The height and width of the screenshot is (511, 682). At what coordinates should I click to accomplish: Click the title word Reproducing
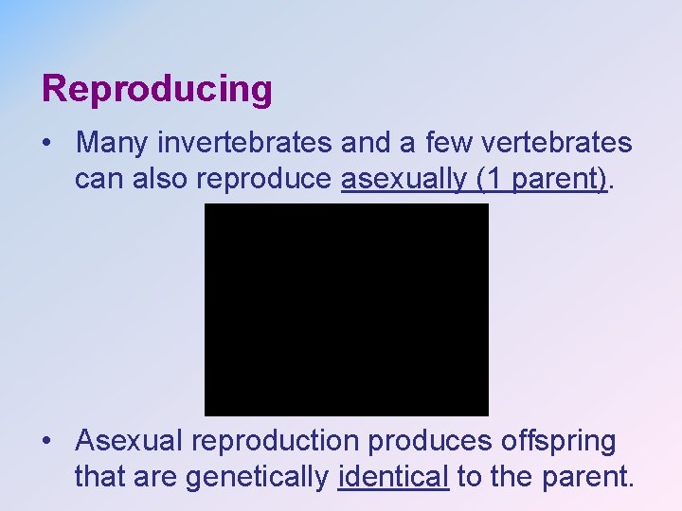click(x=157, y=90)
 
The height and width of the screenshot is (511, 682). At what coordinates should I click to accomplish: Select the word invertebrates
click(x=244, y=143)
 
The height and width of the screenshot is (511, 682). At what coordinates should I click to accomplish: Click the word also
click(x=170, y=179)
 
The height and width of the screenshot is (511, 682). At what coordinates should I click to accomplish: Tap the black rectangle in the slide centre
click(x=347, y=309)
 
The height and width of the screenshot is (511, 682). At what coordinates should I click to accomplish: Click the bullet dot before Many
click(x=47, y=144)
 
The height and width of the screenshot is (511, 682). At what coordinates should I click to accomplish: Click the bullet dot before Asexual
click(x=47, y=442)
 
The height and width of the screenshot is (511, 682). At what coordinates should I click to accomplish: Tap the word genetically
click(x=257, y=477)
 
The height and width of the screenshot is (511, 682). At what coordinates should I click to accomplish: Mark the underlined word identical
click(x=392, y=477)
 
